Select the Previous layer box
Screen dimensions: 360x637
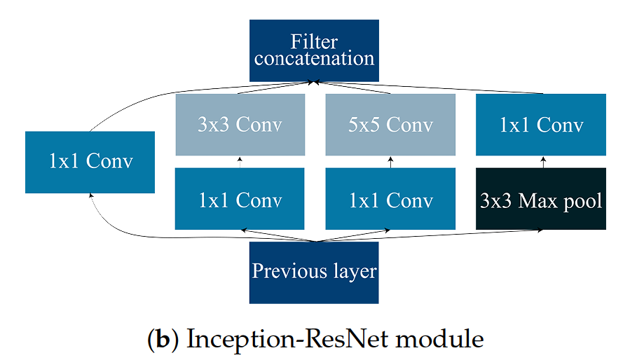coord(314,272)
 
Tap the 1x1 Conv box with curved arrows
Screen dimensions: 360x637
coord(90,162)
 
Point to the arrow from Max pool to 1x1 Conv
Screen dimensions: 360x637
coord(541,162)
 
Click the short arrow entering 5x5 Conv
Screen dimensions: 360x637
coord(390,162)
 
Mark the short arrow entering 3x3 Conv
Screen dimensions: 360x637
coord(240,162)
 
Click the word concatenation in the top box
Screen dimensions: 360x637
coord(314,58)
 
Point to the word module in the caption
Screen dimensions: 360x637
coord(444,339)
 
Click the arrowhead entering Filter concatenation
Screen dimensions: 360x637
coord(315,83)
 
